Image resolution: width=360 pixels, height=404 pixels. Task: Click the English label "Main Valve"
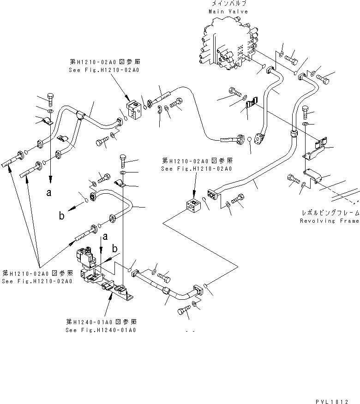click(x=228, y=11)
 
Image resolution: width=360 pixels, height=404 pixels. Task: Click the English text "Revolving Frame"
click(x=329, y=221)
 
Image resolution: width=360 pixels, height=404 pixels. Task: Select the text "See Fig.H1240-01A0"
click(x=101, y=330)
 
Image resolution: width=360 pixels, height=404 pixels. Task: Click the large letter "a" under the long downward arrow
click(x=49, y=194)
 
